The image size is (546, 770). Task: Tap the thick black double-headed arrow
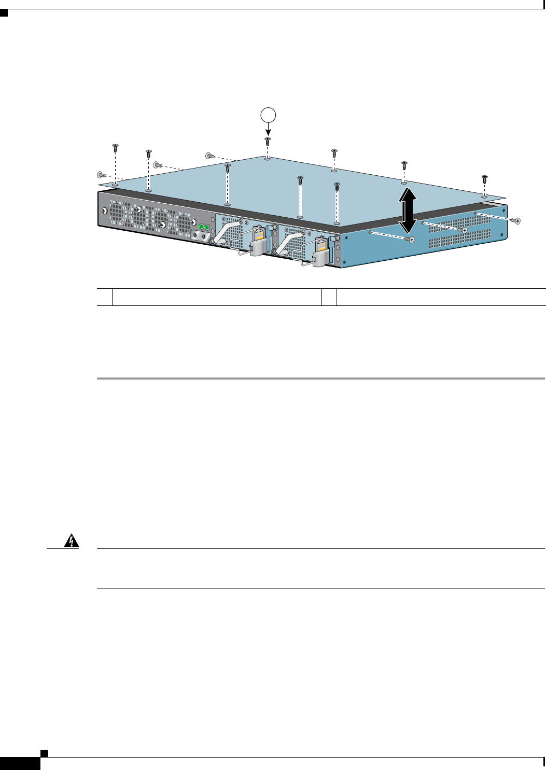(408, 211)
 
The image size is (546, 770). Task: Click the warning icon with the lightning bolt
(72, 541)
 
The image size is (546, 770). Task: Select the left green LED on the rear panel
(201, 227)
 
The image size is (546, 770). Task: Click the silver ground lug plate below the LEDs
(202, 236)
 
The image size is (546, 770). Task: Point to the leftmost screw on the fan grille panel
(105, 211)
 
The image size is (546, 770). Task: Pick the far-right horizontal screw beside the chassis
(515, 220)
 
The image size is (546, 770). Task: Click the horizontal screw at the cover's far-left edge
(101, 175)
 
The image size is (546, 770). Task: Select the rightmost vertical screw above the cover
(484, 179)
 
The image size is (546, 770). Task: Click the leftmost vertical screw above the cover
(115, 148)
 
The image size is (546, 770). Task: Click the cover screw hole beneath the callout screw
(267, 159)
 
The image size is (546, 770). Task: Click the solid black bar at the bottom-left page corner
(20, 763)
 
